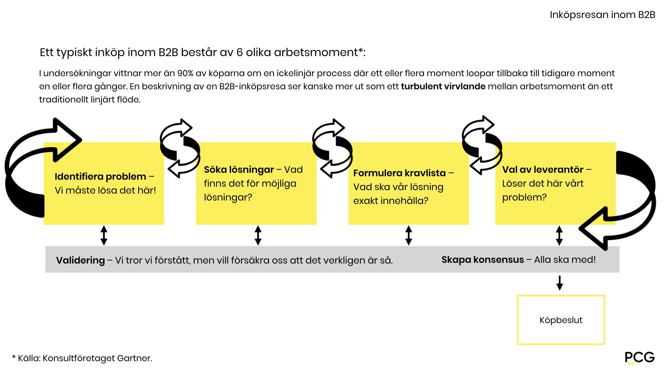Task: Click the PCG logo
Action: (639, 357)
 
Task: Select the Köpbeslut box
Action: (561, 320)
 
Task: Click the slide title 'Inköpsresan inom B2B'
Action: (602, 15)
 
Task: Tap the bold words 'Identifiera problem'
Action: (100, 177)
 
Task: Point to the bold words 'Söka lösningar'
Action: (239, 170)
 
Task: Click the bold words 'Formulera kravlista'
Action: (399, 173)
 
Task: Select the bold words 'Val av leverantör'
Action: (543, 170)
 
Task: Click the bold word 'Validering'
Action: (80, 260)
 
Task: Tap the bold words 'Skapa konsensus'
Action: (482, 260)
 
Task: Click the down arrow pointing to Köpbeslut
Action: (559, 283)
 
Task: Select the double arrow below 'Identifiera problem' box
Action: (104, 235)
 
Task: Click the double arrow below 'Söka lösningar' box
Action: (258, 235)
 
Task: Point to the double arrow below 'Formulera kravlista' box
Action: (409, 235)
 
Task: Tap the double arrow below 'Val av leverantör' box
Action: (559, 235)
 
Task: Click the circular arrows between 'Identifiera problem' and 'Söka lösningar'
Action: (180, 148)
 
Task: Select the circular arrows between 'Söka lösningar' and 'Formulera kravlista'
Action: (332, 148)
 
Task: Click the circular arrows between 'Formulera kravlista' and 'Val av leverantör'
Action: (482, 145)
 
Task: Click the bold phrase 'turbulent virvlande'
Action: (443, 87)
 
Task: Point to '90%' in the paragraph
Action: (185, 73)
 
